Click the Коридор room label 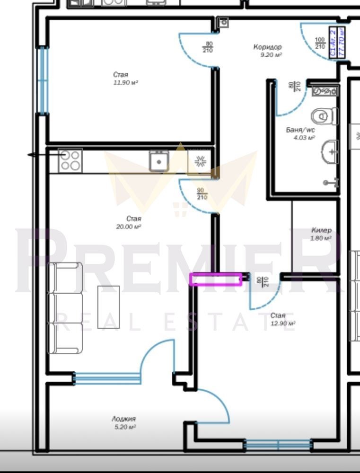point(267,47)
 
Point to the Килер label point(321,230)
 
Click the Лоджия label point(124,419)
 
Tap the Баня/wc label point(300,130)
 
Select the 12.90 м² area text point(283,324)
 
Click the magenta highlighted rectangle point(216,280)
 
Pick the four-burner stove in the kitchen point(70,160)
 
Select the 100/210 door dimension point(320,43)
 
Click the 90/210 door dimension point(202,194)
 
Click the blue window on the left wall point(44,80)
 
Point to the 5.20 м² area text point(124,427)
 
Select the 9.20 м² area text point(272,55)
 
